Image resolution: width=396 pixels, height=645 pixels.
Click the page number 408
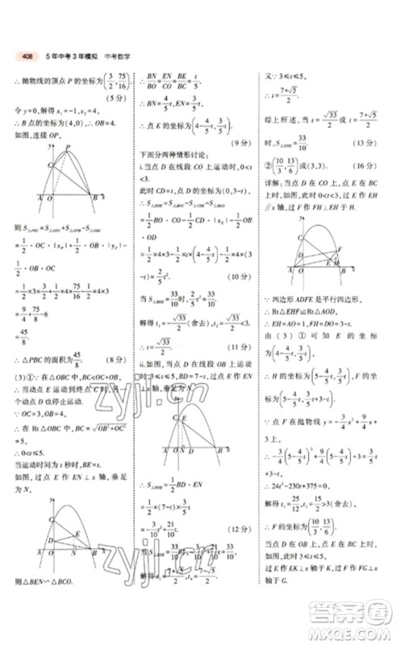[x=27, y=56]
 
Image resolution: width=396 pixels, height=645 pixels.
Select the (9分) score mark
[x=241, y=143]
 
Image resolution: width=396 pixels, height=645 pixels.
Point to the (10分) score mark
[x=241, y=275]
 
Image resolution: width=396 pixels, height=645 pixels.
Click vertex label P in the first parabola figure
[x=68, y=147]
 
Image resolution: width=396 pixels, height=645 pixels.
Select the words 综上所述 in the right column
[x=282, y=117]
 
